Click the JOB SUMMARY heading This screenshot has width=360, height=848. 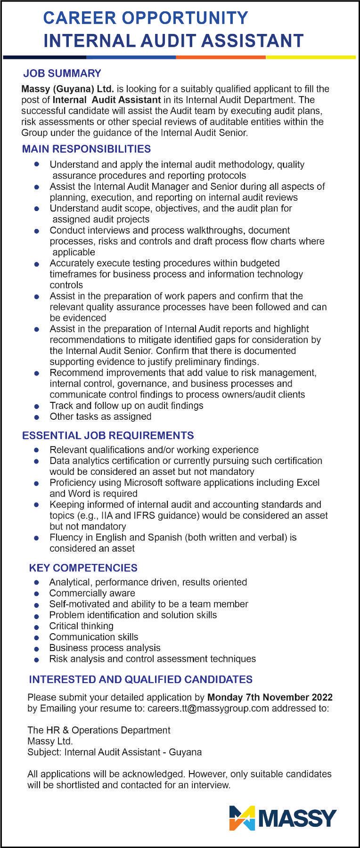pos(62,73)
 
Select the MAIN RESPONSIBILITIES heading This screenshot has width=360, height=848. pos(86,149)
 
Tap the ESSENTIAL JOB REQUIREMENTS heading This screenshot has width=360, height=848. pos(108,435)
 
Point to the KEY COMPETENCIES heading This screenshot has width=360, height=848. pos(83,568)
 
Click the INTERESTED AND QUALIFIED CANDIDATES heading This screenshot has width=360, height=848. pos(140,679)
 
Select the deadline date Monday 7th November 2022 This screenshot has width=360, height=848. pos(270,697)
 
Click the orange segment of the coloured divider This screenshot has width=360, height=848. pos(221,57)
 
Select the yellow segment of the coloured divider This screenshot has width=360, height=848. pos(311,57)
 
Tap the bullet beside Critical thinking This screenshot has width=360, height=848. pos(37,627)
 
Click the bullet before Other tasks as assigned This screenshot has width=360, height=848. pos(37,417)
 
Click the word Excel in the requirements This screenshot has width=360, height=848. pos(308,483)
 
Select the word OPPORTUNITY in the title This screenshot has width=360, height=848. pos(185,18)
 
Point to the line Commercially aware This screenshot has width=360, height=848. pos(92,594)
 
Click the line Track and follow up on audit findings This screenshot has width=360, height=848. pos(126,406)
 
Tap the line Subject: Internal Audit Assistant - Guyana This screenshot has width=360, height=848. pos(115,752)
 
